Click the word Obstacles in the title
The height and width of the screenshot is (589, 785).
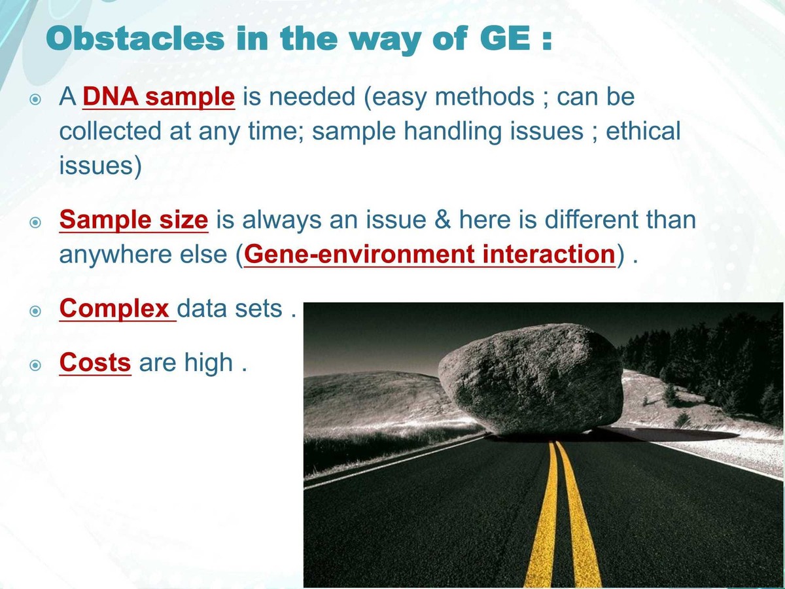coord(135,39)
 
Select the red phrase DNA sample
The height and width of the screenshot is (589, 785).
coord(158,98)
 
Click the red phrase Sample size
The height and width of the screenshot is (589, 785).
coord(133,220)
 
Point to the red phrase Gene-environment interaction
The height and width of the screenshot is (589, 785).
coord(429,254)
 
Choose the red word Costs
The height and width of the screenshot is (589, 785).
coord(95,363)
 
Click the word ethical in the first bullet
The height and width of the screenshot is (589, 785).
coord(643,132)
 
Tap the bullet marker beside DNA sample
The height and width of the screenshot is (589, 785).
coord(36,99)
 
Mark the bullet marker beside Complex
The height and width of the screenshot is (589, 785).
coord(36,310)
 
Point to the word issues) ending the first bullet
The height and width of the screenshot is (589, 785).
coord(100,166)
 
